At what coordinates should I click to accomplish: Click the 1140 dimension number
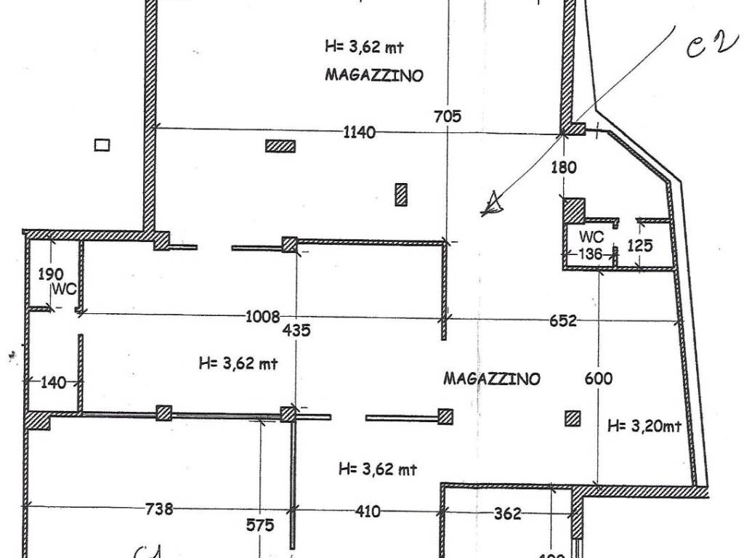tap(360, 132)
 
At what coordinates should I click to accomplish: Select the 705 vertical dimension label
tap(447, 116)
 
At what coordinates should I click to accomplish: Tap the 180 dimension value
tap(563, 167)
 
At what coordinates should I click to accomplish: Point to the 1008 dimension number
tap(263, 316)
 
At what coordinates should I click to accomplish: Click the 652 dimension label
tap(563, 320)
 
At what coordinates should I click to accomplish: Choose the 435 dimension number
tap(296, 331)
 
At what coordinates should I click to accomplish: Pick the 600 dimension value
tap(598, 379)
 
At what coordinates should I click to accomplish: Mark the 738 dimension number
tap(159, 509)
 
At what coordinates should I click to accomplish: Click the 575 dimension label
tap(259, 525)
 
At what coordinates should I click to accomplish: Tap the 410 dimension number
tap(368, 511)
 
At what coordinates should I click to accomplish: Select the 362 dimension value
tap(507, 514)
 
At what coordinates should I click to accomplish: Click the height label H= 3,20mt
tap(644, 426)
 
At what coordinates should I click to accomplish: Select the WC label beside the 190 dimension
tap(64, 289)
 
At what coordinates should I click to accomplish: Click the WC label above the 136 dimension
tap(591, 237)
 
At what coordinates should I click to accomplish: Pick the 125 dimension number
tap(639, 246)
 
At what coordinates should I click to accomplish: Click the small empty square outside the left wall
tap(102, 145)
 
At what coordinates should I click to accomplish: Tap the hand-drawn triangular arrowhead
tap(493, 204)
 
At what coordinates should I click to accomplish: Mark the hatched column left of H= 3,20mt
tap(573, 418)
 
